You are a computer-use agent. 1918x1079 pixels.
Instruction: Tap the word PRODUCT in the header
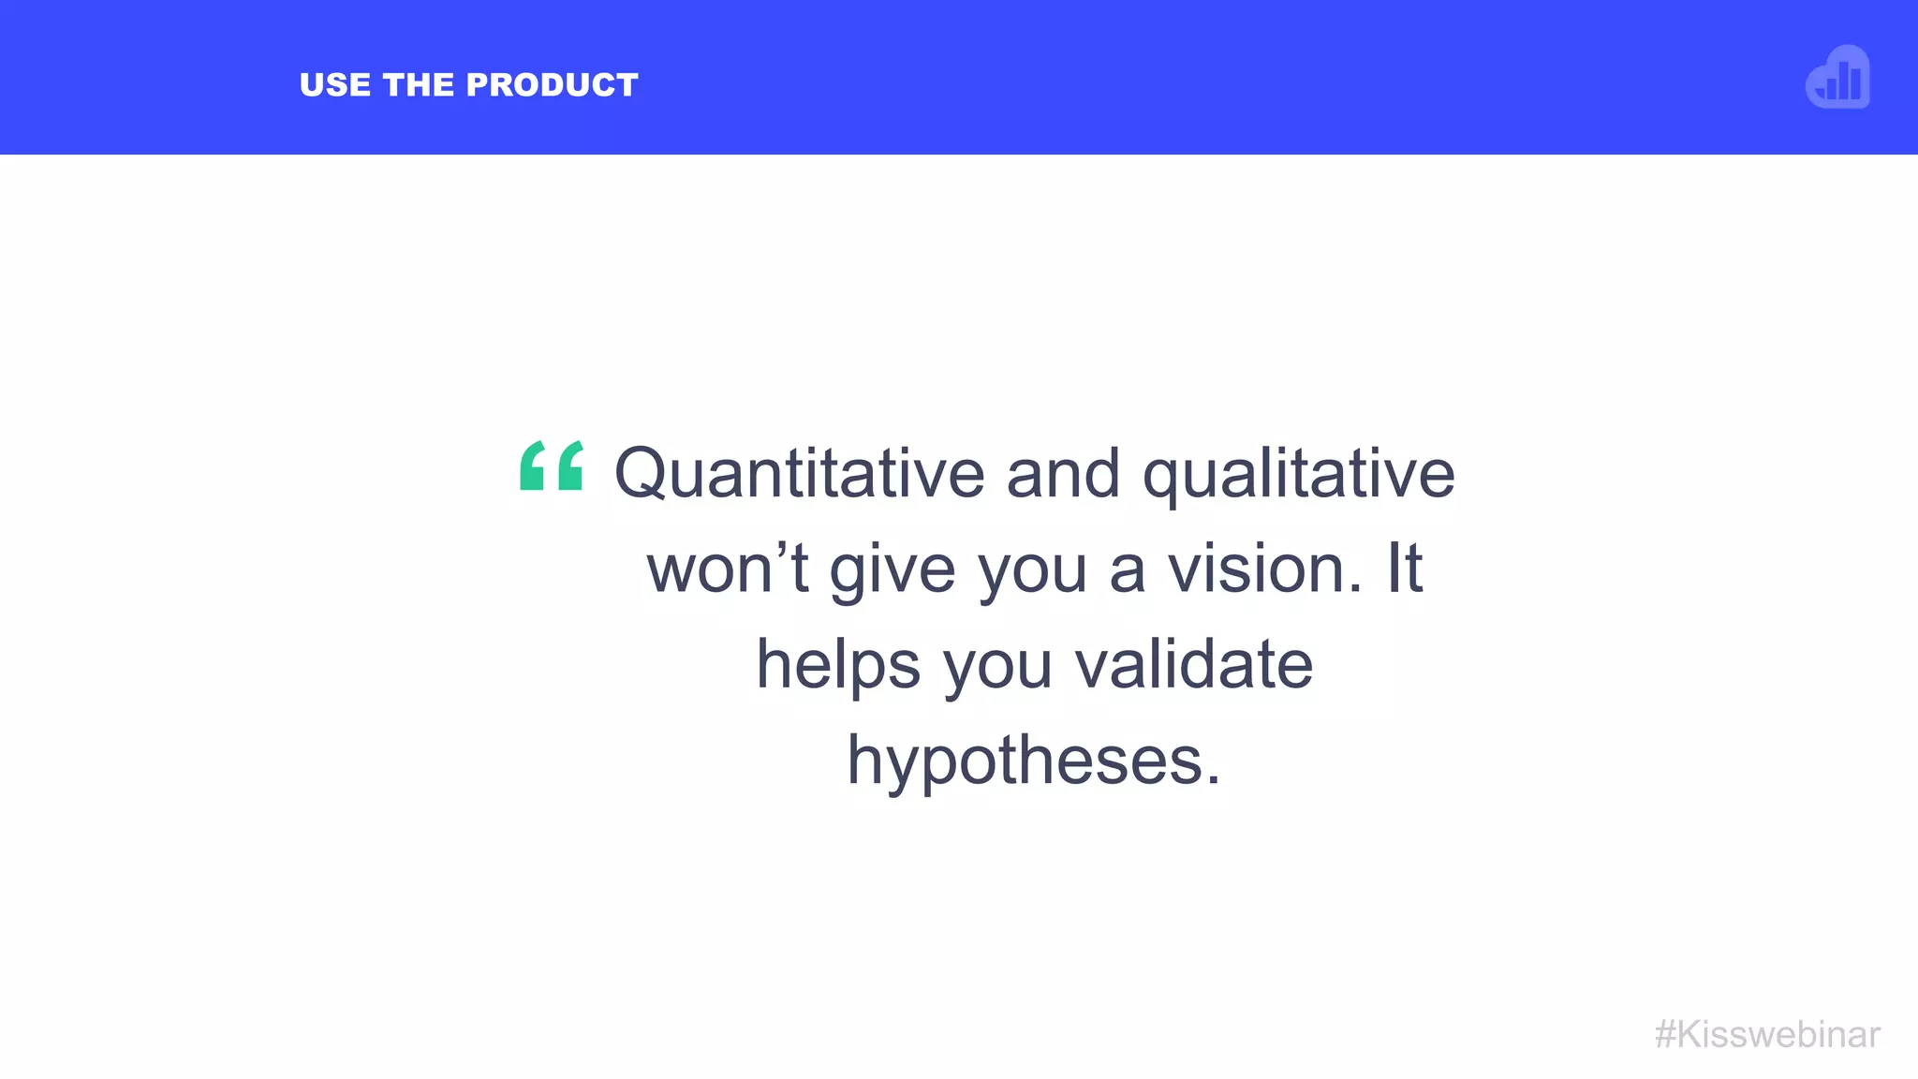[553, 85]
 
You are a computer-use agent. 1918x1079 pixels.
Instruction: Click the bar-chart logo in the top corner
[1837, 78]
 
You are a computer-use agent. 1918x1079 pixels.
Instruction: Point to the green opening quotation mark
[552, 466]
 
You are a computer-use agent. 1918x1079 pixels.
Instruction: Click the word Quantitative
[799, 473]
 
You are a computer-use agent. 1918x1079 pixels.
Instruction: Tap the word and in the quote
[1063, 473]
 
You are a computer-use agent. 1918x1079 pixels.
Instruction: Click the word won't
[727, 569]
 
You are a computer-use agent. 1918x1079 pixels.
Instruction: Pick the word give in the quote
[892, 570]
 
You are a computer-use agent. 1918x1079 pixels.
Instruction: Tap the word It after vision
[1404, 569]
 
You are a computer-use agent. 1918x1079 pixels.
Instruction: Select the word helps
[838, 665]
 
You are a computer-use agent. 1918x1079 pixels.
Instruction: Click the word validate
[1193, 664]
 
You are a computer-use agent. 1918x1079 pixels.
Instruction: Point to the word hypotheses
[1025, 761]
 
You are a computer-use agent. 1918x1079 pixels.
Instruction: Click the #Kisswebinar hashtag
[1767, 1034]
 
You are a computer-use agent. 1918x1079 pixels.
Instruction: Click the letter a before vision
[1128, 570]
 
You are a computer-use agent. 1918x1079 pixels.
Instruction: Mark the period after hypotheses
[1214, 779]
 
